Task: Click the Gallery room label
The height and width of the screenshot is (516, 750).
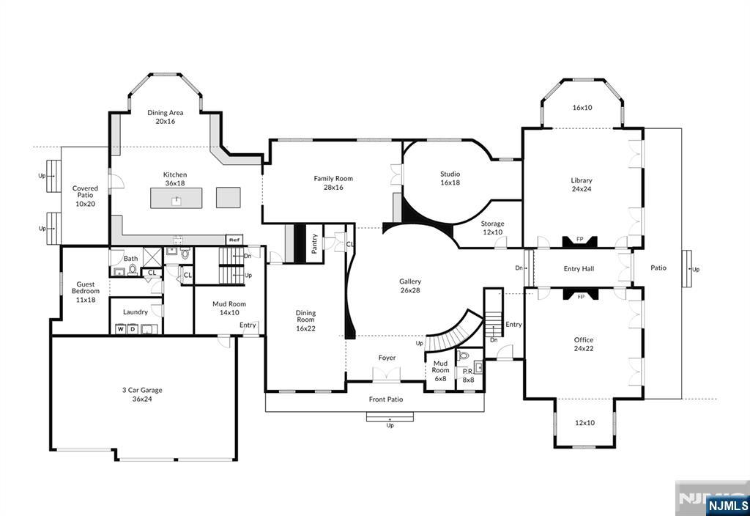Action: click(410, 281)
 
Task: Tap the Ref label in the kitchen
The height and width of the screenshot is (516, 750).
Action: click(234, 240)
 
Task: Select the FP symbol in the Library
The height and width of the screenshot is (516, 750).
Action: click(580, 240)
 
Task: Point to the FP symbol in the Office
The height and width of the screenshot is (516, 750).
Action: click(581, 294)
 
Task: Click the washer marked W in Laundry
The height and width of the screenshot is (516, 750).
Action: click(120, 329)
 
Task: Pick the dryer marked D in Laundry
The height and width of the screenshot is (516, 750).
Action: click(132, 329)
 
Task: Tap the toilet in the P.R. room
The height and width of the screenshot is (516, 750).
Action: click(463, 355)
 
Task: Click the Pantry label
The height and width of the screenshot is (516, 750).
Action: click(314, 243)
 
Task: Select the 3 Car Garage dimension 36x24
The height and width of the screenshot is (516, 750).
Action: click(142, 399)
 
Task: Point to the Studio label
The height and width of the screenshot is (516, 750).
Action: click(450, 174)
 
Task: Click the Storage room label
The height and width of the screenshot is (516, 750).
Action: click(493, 224)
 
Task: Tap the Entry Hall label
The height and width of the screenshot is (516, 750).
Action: click(579, 268)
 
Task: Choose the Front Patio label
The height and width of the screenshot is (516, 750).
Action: click(386, 399)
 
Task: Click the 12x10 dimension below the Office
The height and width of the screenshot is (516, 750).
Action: click(584, 423)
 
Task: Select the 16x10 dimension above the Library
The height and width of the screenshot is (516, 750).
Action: click(582, 108)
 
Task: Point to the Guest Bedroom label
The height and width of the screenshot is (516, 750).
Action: click(86, 287)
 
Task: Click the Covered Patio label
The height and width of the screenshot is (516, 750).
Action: click(85, 191)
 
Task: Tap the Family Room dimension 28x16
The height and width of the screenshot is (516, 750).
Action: click(333, 187)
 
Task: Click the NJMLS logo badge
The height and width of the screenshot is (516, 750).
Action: click(727, 506)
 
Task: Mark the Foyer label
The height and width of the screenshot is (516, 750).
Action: click(387, 358)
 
